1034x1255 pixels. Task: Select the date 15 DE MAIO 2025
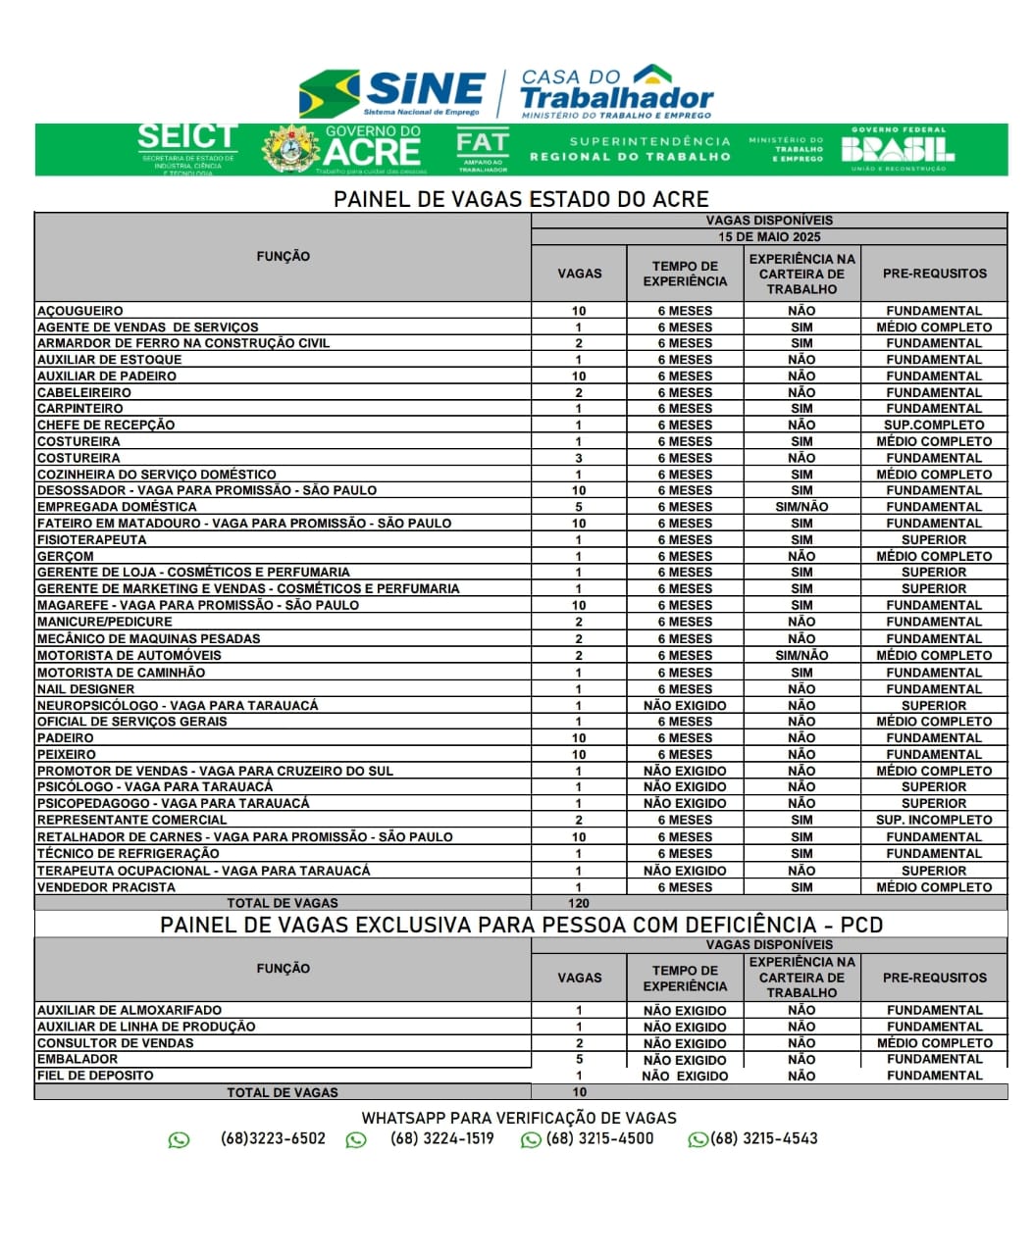(x=769, y=237)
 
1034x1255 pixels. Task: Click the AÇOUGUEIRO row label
(x=80, y=311)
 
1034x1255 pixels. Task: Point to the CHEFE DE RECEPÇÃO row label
(x=106, y=426)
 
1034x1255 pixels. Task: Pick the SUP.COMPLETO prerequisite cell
(x=934, y=426)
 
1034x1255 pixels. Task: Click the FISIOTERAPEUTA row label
(x=91, y=540)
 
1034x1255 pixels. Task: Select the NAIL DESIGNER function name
(x=85, y=689)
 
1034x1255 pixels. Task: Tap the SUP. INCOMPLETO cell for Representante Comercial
(x=934, y=820)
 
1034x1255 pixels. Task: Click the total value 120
(x=579, y=903)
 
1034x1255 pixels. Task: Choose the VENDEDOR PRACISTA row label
(x=106, y=887)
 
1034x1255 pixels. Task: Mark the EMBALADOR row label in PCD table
(x=78, y=1059)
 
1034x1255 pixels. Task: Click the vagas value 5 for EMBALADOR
(x=579, y=1059)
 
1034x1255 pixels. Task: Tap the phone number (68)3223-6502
(x=273, y=1138)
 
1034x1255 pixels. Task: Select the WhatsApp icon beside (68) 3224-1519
(x=356, y=1139)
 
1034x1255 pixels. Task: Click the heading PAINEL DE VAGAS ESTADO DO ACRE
(x=521, y=199)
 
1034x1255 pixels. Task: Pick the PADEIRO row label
(x=66, y=738)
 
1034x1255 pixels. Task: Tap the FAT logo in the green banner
(x=483, y=149)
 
